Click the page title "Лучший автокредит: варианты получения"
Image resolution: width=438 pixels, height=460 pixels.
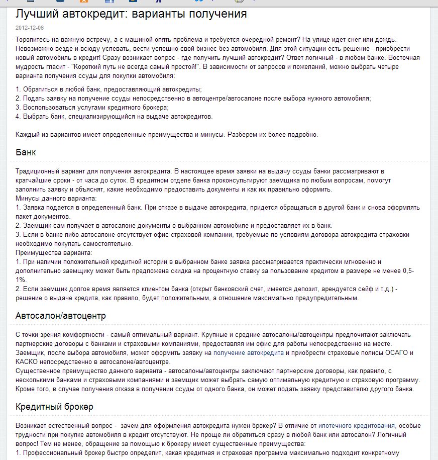[131, 14]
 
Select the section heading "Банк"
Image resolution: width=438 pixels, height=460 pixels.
[26, 152]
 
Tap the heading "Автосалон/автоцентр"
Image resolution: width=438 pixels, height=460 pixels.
[61, 316]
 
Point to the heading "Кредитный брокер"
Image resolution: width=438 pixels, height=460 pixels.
[54, 406]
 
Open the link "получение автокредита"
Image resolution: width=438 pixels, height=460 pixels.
[249, 353]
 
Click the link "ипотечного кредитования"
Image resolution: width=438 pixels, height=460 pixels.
[357, 425]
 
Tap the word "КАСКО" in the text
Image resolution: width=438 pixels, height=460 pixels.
[27, 362]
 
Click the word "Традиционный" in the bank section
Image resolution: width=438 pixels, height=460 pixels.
[40, 171]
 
